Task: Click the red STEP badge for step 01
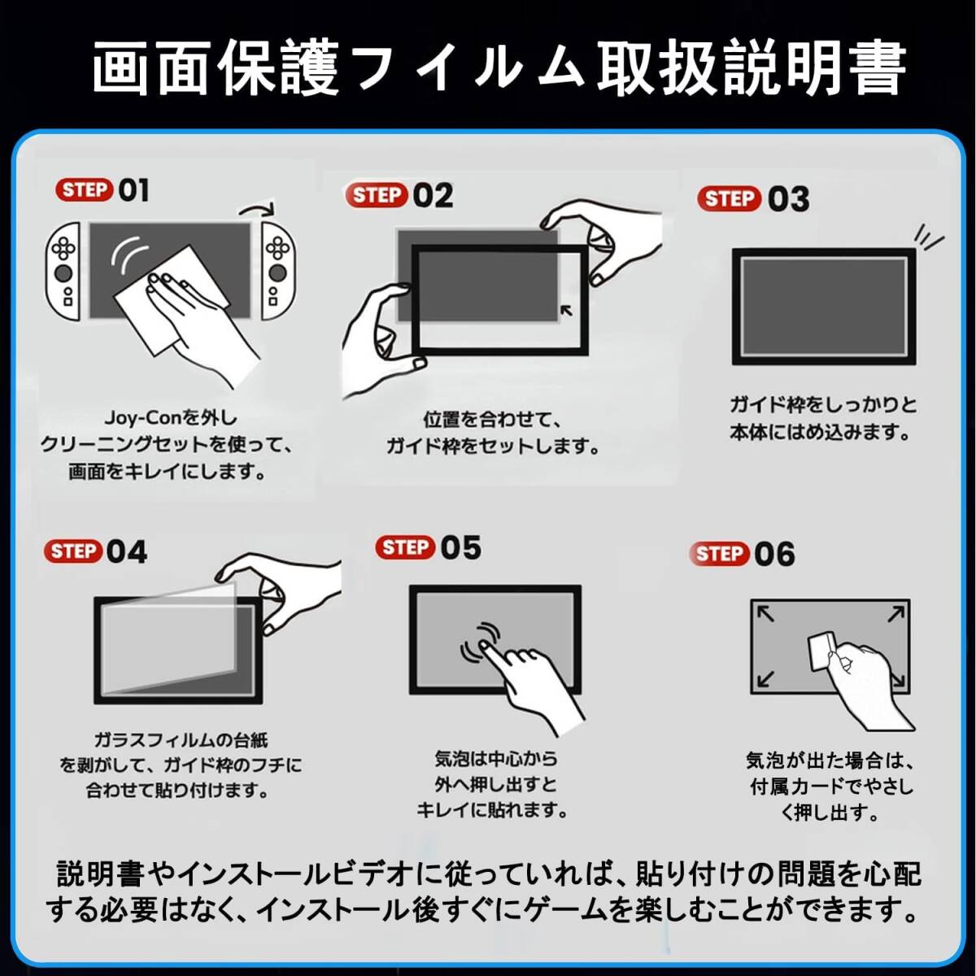pyautogui.click(x=84, y=190)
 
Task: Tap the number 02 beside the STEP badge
pyautogui.click(x=433, y=195)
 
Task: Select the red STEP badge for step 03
pyautogui.click(x=729, y=198)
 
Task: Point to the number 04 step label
pyautogui.click(x=127, y=552)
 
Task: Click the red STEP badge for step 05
pyautogui.click(x=405, y=547)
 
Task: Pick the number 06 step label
pyautogui.click(x=774, y=554)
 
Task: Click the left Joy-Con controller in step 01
pyautogui.click(x=63, y=271)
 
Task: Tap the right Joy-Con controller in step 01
pyautogui.click(x=278, y=271)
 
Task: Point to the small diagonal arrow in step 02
pyautogui.click(x=567, y=310)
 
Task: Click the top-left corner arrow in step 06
pyautogui.click(x=765, y=614)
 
